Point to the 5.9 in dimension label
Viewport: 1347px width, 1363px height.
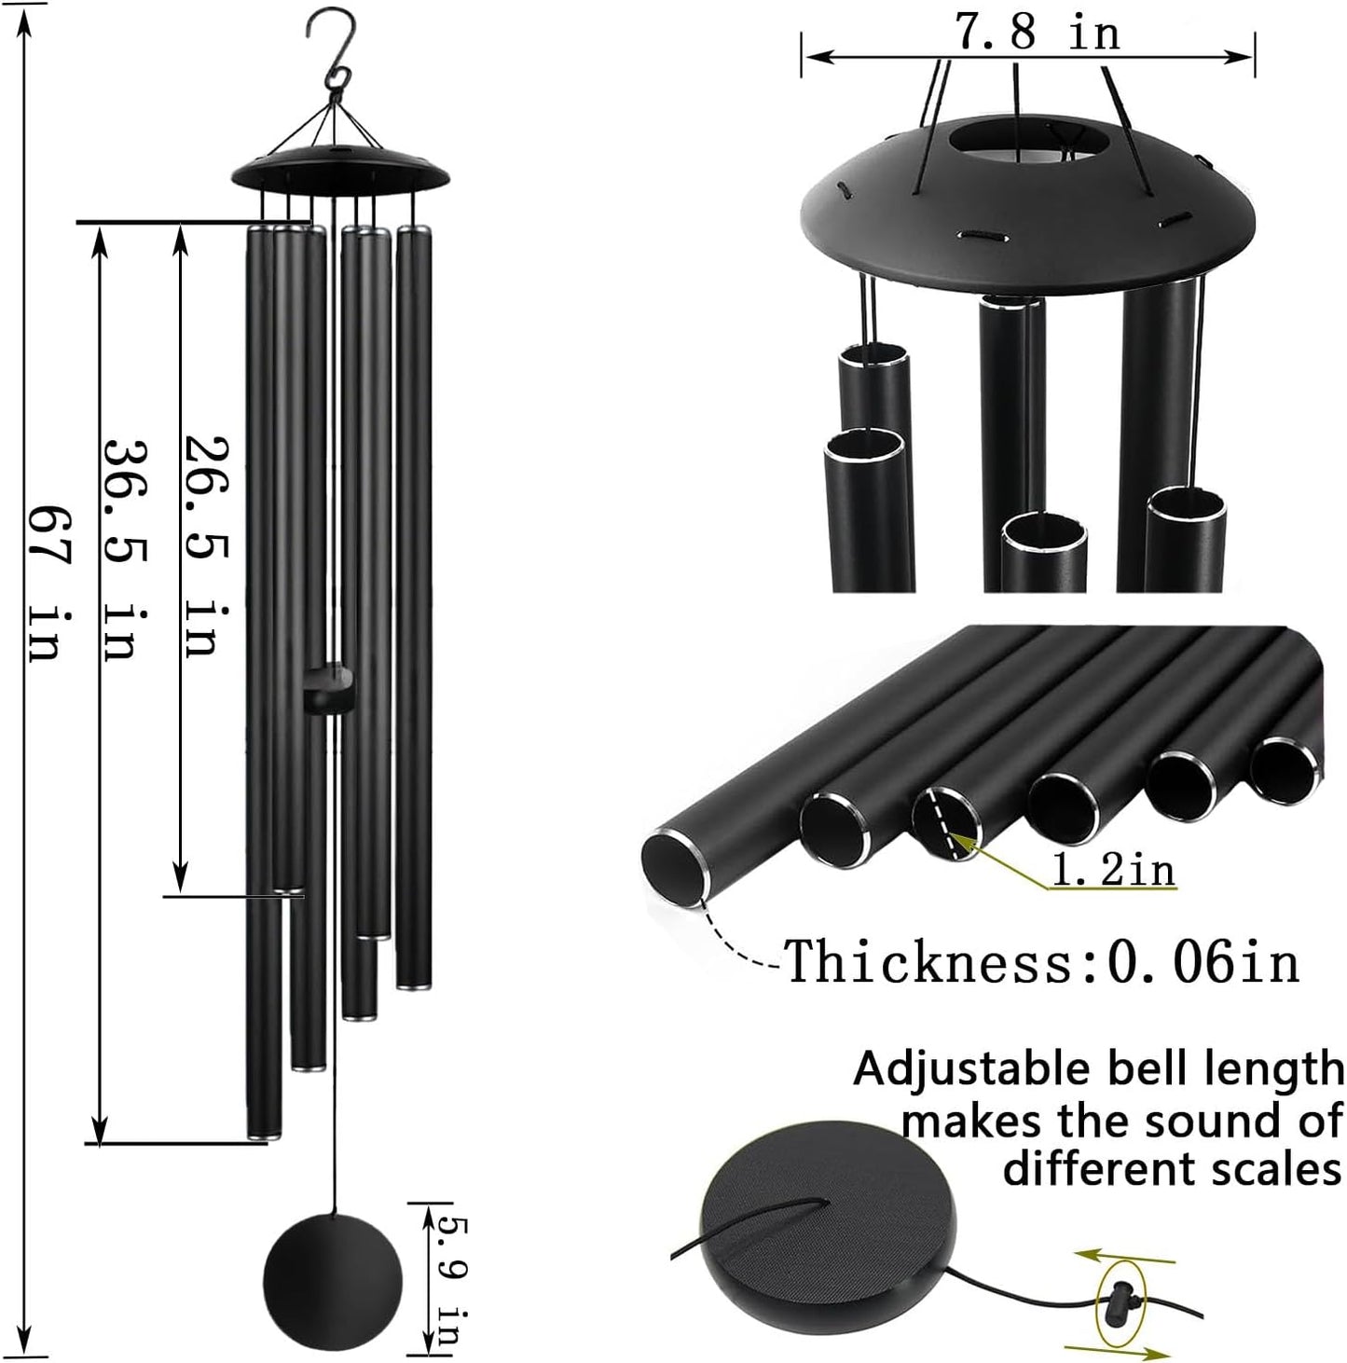click(450, 1276)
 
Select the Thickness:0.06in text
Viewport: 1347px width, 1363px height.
click(1041, 961)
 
